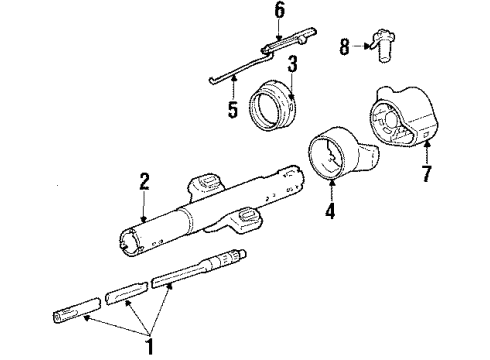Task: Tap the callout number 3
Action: [293, 65]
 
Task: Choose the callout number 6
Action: [279, 10]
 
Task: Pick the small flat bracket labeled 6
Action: [282, 46]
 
